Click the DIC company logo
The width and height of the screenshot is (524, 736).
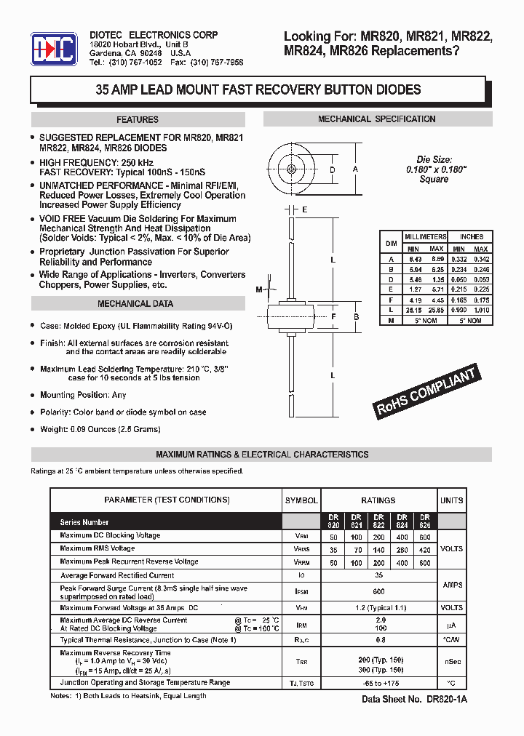pos(53,49)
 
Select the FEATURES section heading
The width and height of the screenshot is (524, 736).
pos(138,120)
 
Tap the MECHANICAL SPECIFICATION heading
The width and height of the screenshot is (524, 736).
pos(376,119)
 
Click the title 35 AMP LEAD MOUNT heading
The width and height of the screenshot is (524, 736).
pos(258,90)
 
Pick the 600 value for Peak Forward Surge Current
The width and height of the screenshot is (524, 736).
pos(378,593)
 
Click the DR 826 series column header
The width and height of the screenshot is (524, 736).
pos(424,521)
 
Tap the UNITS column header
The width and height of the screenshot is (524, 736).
pos(451,500)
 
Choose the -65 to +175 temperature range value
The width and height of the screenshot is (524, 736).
pos(378,684)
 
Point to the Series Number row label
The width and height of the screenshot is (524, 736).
pos(84,522)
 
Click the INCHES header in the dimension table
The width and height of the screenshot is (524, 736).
pos(471,237)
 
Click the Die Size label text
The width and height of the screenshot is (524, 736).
pos(434,159)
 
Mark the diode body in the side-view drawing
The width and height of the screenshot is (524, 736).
pos(292,317)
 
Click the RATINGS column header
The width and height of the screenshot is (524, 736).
pos(378,500)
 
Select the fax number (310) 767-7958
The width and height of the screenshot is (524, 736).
pos(217,63)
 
